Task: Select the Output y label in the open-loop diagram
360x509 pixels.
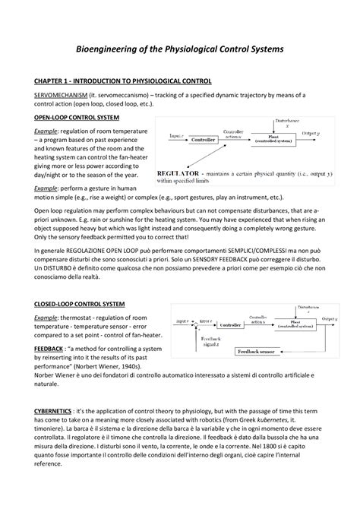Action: pos(311,133)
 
